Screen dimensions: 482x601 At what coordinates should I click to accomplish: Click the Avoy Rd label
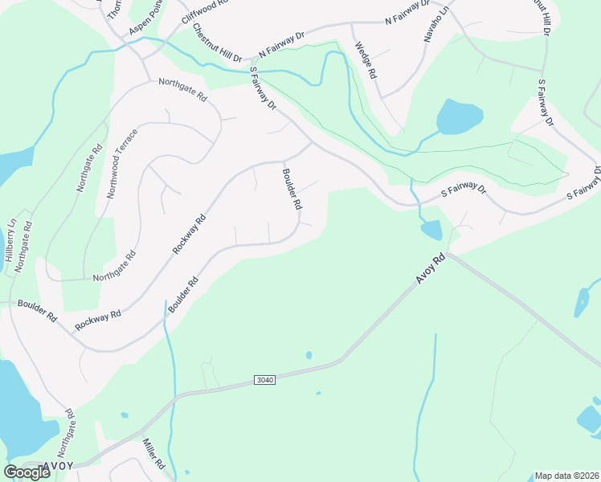(x=431, y=268)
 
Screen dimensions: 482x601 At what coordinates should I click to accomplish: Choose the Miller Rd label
(x=153, y=454)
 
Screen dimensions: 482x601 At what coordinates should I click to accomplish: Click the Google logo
(x=27, y=472)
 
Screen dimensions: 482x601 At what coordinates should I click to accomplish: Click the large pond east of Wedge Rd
(x=459, y=116)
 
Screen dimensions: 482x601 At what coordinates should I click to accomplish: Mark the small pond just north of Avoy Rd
(x=431, y=231)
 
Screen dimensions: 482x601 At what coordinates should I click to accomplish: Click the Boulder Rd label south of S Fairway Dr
(x=292, y=188)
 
